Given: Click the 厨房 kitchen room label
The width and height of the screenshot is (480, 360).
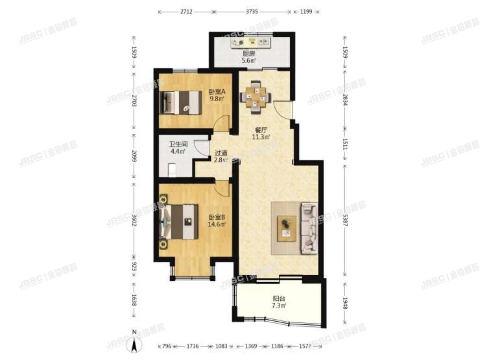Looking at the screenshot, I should (x=248, y=54).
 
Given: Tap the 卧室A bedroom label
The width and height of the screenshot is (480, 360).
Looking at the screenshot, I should (x=216, y=92).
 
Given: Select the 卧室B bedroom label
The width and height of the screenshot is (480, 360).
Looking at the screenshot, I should (x=216, y=217).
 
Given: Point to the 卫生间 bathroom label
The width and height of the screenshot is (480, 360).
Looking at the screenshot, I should (x=178, y=145).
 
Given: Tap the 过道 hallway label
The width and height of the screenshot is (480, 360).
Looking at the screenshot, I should (x=221, y=154).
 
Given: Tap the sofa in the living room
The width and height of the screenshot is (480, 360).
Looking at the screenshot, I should (x=308, y=228).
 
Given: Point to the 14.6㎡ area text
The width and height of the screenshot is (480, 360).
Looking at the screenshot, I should (x=216, y=225).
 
